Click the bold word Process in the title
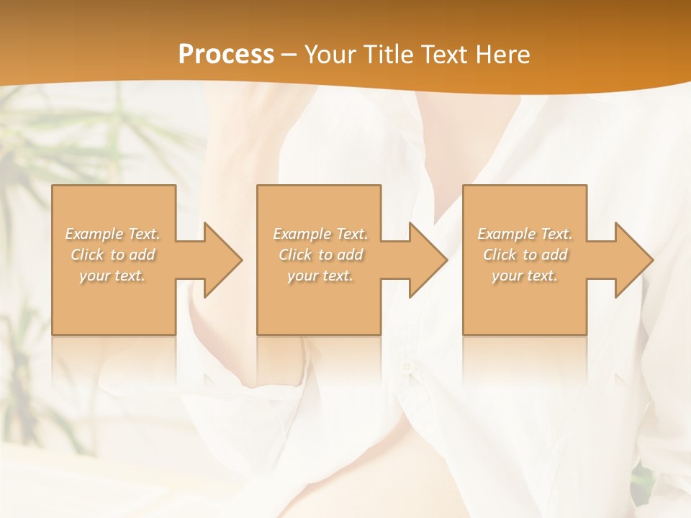click(x=226, y=54)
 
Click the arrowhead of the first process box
click(x=220, y=260)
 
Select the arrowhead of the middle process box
click(x=425, y=260)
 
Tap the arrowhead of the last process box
click(x=631, y=260)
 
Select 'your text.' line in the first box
click(x=112, y=276)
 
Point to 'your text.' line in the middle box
click(x=320, y=276)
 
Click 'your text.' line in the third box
click(x=525, y=276)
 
